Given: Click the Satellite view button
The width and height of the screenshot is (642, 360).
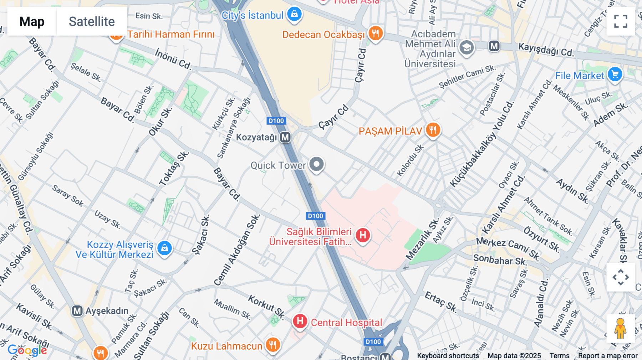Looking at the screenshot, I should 92,21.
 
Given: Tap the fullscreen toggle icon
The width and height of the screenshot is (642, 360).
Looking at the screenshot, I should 621,21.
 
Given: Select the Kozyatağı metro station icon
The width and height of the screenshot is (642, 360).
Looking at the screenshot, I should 285,137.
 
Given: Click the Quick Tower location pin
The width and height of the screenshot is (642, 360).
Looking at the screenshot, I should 316,164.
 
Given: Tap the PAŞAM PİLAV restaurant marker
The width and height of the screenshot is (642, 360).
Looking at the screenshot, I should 433,130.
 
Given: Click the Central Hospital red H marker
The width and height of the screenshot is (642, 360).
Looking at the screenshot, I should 300,321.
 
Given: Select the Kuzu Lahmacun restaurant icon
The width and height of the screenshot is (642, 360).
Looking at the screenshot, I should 273,345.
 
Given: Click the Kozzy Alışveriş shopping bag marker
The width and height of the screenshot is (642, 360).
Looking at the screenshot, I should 164,248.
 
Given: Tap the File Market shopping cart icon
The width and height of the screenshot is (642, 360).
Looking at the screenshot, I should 615,74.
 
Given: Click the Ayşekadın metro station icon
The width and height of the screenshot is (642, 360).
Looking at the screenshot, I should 77,311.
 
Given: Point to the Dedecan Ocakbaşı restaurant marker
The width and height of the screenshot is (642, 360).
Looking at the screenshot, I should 375,34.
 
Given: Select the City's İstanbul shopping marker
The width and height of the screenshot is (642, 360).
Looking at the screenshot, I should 294,14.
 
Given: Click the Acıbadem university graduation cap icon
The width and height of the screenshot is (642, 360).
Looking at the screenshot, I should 467,48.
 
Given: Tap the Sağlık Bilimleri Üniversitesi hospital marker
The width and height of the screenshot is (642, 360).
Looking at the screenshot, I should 363,235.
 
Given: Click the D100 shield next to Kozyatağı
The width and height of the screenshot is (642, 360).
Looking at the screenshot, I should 276,121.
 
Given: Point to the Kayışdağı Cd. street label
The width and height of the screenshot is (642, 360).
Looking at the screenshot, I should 546,50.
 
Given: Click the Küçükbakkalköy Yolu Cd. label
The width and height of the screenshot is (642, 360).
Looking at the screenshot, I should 481,144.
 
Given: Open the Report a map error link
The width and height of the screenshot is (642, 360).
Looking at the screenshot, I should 607,355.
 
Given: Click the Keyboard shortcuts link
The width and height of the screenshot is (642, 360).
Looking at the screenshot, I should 448,355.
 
